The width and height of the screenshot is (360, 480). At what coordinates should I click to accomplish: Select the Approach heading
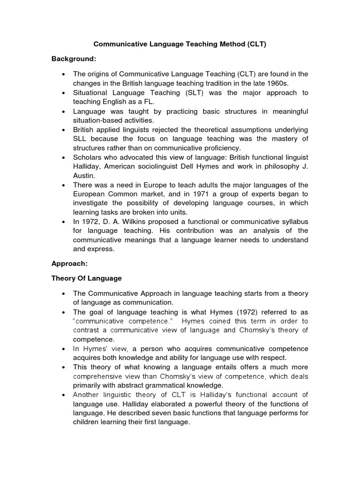(68, 264)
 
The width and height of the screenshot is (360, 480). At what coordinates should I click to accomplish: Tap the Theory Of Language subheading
(86, 278)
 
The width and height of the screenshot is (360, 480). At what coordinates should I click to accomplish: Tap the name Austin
(85, 175)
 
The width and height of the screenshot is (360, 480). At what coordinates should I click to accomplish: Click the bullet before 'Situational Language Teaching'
(63, 93)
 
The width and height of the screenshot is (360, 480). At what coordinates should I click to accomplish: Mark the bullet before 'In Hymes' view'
(63, 349)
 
